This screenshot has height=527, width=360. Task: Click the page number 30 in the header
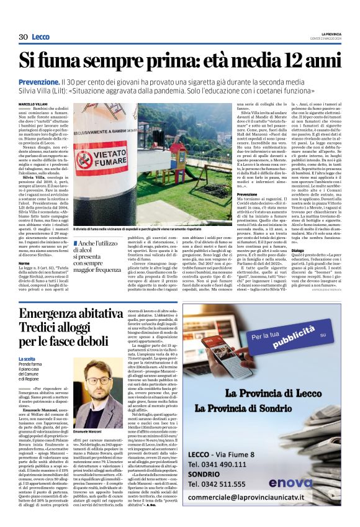tap(23, 37)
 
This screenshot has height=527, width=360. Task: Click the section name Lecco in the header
tap(41, 37)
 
